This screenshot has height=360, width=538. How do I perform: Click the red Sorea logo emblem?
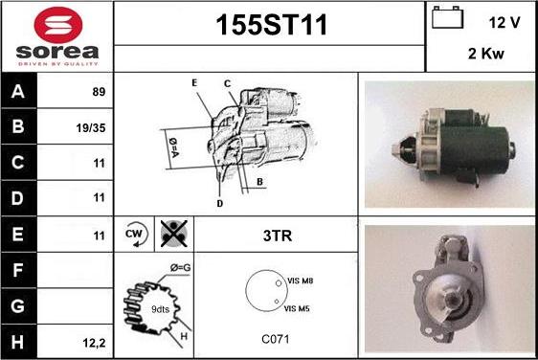[x=58, y=24]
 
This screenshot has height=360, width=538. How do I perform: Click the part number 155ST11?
[x=271, y=25]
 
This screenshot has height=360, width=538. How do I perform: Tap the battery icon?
[x=447, y=17]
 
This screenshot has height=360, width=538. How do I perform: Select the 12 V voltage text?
[x=504, y=23]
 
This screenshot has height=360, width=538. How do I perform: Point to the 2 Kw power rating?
[x=486, y=54]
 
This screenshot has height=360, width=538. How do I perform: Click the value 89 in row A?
[x=99, y=92]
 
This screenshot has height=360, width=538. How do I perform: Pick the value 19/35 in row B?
[x=91, y=128]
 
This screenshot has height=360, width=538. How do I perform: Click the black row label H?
[x=18, y=342]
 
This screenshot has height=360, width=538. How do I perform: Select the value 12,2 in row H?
[x=94, y=343]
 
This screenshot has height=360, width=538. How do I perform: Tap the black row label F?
[x=18, y=270]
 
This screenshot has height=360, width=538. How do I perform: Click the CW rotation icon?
[x=135, y=234]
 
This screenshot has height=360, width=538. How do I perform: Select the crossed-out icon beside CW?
[x=174, y=234]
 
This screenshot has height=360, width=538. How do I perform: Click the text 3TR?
[x=278, y=236]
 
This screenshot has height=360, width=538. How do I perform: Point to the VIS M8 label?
[x=301, y=281]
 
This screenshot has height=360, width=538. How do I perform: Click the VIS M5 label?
[x=297, y=308]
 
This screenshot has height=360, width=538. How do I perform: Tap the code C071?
[x=276, y=339]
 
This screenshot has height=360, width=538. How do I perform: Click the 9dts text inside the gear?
[x=160, y=309]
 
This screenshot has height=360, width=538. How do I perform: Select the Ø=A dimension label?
[x=173, y=147]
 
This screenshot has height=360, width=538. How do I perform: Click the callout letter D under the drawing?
[x=220, y=204]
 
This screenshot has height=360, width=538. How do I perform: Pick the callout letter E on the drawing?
[x=194, y=82]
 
